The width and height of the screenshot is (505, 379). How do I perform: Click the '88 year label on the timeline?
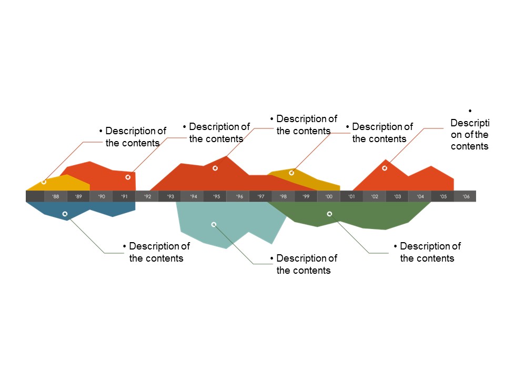tap(55, 196)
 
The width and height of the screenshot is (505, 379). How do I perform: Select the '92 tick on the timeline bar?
tap(147, 196)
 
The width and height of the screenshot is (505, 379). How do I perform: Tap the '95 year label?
tap(216, 196)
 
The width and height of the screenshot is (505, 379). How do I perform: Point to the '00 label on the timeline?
tap(329, 196)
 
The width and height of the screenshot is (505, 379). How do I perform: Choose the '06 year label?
tap(466, 196)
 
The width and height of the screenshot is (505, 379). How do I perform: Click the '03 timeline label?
tap(397, 196)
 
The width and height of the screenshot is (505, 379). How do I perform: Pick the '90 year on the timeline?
tap(102, 196)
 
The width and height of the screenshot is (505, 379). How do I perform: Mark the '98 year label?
tap(283, 196)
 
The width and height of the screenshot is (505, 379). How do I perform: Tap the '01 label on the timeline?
tap(351, 196)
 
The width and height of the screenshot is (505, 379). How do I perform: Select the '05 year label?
tap(443, 196)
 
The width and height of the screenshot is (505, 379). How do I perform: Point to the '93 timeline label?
tap(170, 196)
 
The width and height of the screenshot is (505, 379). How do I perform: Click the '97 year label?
tap(261, 196)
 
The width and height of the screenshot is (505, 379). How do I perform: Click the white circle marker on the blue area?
tap(65, 214)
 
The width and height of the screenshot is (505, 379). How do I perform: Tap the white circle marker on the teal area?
tap(214, 225)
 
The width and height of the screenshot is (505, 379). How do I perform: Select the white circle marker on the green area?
tap(329, 214)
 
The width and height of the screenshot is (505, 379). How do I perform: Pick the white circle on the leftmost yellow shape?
tap(44, 182)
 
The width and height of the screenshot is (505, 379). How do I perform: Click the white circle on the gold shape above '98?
tap(291, 173)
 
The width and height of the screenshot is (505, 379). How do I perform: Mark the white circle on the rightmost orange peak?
tap(385, 168)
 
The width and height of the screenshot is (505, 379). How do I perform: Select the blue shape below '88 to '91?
tap(105, 208)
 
